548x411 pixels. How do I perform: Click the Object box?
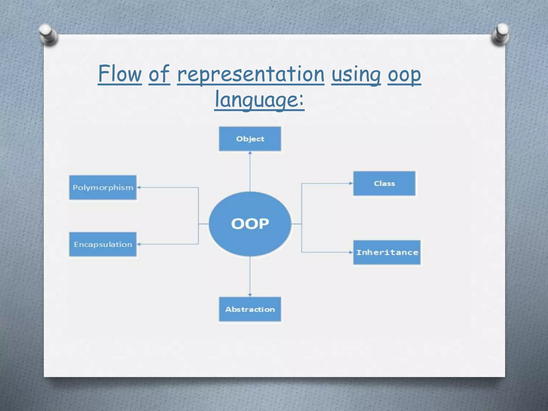point(250,139)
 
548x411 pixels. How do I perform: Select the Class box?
point(384,184)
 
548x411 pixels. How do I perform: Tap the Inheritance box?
point(387,252)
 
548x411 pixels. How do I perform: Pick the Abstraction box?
point(250,309)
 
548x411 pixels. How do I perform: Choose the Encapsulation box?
point(103,244)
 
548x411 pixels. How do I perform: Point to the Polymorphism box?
point(103,188)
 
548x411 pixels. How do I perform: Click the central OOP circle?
point(250,224)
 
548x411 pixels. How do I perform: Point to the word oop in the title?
point(404,75)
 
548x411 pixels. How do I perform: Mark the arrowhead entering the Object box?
point(250,153)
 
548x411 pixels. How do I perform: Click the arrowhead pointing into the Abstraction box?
point(250,295)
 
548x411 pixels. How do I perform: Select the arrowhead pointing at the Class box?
point(351,183)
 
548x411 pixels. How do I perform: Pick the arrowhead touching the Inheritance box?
point(351,252)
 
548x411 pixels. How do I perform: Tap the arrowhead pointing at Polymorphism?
point(139,188)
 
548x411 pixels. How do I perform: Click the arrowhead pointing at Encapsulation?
point(139,244)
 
